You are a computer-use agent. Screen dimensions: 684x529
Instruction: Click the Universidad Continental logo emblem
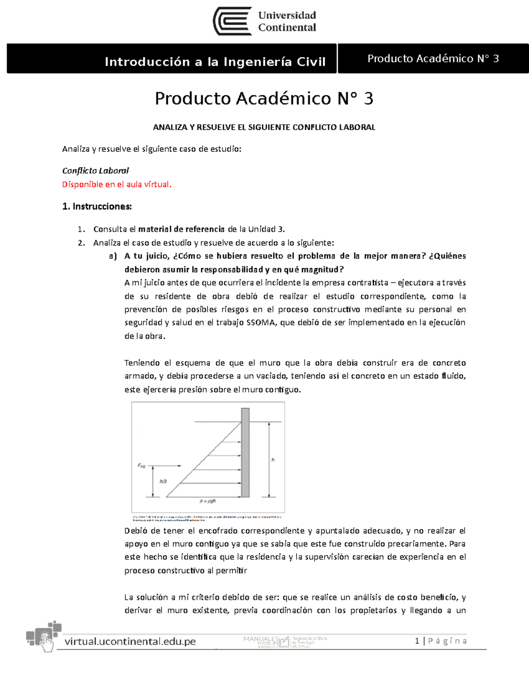(232, 21)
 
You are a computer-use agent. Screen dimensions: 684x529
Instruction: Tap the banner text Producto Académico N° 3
(433, 59)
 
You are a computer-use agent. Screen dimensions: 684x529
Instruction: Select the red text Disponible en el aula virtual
(117, 185)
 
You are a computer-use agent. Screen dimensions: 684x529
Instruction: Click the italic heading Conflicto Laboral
(95, 170)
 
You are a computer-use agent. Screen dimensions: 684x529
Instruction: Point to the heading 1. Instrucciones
(97, 207)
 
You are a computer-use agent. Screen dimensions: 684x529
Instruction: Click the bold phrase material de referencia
(181, 229)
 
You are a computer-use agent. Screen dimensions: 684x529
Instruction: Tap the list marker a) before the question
(113, 256)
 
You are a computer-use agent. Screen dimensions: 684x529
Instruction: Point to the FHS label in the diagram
(142, 466)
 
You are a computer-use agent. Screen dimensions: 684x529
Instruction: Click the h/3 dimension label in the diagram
(163, 481)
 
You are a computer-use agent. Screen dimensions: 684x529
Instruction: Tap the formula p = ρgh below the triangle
(208, 501)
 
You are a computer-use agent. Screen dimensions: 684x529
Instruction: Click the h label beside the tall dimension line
(273, 460)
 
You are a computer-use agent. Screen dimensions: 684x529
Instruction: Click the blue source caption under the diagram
(207, 518)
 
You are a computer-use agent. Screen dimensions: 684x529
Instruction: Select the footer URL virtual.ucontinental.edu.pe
(130, 642)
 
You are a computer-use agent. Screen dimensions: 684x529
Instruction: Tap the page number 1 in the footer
(417, 641)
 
